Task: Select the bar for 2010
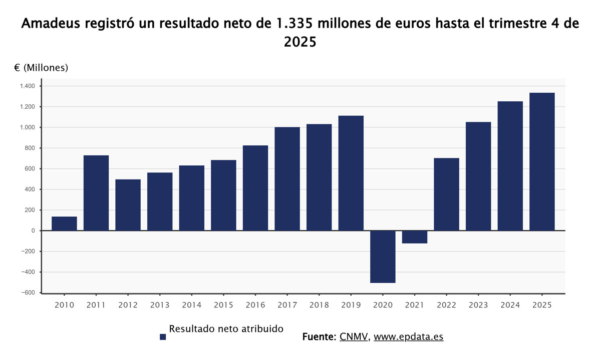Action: coord(64,224)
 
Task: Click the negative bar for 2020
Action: coord(383,257)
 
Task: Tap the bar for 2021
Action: coord(415,237)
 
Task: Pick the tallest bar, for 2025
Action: coord(542,161)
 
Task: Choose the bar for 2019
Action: coord(351,173)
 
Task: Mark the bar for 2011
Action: coord(96,193)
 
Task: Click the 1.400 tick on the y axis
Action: coord(28,86)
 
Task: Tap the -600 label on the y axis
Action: coord(28,293)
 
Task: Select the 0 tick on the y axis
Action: coord(33,231)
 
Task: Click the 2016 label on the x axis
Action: coord(255,305)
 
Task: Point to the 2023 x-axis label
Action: coord(478,305)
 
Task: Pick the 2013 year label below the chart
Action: coord(160,305)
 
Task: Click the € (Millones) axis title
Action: coord(41,68)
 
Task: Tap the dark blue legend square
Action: coord(163,337)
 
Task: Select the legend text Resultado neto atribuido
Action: coord(226,329)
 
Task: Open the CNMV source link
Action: coord(354,337)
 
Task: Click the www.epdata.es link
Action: coord(408,337)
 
